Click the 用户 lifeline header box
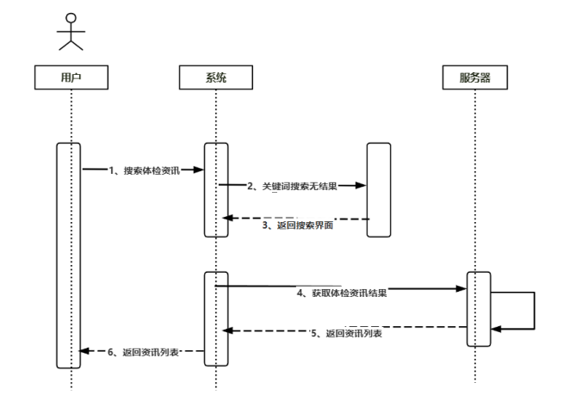(x=71, y=77)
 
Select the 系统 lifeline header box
(x=216, y=77)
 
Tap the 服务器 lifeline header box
(x=474, y=77)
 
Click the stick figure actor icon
(x=71, y=33)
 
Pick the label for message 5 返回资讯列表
(x=347, y=333)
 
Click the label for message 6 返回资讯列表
(x=148, y=351)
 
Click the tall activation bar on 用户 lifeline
(x=69, y=255)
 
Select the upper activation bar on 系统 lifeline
(x=215, y=189)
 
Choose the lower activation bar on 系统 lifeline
(x=215, y=318)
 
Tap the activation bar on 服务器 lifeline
(x=478, y=309)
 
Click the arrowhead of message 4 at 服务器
(x=461, y=288)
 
